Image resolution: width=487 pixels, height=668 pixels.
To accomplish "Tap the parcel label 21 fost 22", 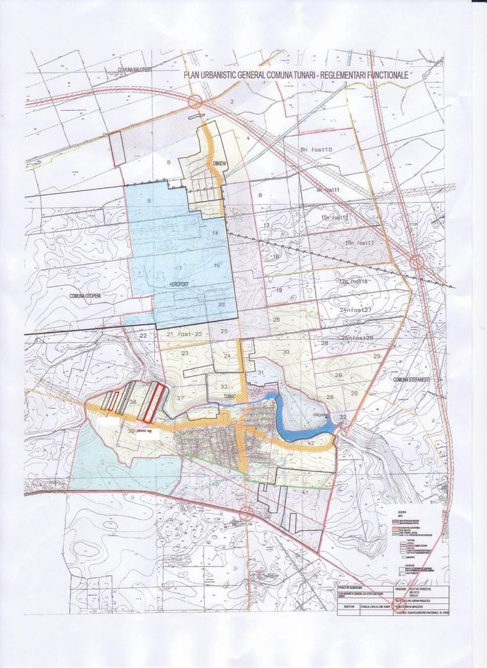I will (184, 334).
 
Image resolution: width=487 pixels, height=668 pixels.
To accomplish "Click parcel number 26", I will (276, 319).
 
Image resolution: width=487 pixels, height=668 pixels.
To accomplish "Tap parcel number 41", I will (305, 492).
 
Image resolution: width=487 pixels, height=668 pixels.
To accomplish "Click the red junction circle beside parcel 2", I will (196, 101).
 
